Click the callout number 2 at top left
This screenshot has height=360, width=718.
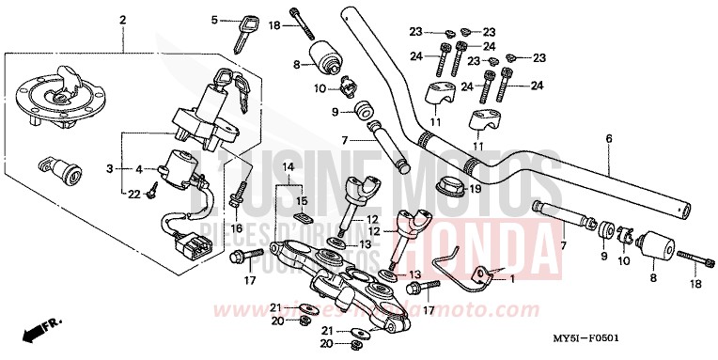pos(123,20)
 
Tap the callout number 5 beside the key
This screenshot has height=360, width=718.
pos(214,20)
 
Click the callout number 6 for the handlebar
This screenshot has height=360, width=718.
pos(608,140)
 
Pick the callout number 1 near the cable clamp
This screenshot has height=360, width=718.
pos(511,278)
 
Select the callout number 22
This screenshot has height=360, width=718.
pos(134,193)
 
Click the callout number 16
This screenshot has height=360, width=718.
pos(237,228)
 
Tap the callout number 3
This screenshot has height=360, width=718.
pos(110,169)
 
